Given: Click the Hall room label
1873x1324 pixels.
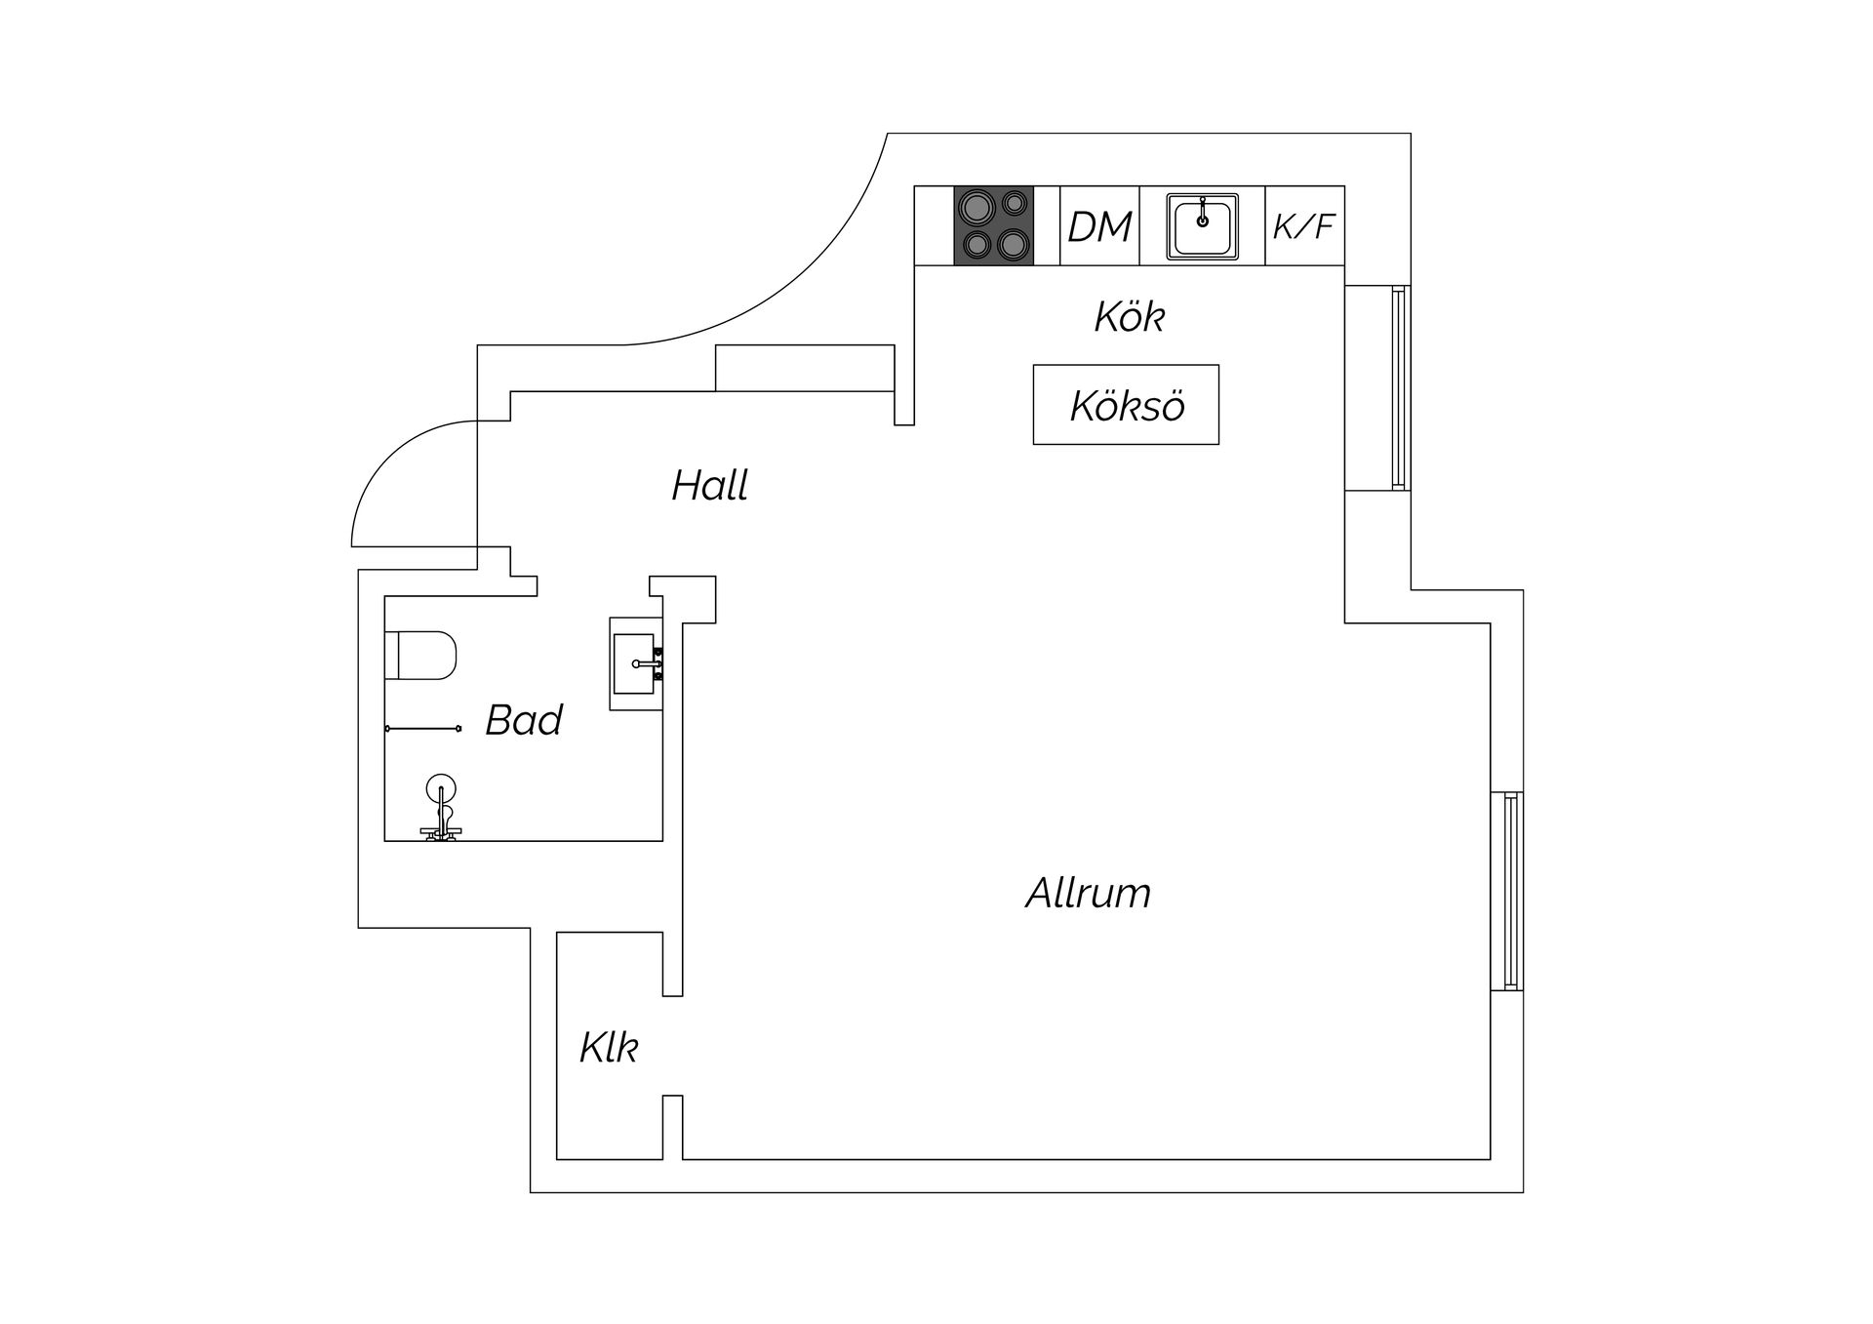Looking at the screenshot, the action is (x=709, y=485).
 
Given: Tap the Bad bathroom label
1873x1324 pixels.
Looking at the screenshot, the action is (x=524, y=720).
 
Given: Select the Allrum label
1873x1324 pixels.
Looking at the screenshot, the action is (x=1088, y=893).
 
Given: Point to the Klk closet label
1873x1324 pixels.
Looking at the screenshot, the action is (x=609, y=1047).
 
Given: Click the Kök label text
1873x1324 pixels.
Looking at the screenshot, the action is (x=1130, y=316).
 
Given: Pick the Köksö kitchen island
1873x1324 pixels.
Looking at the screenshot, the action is (x=1126, y=405).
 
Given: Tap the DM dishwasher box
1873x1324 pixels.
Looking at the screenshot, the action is (x=1099, y=225).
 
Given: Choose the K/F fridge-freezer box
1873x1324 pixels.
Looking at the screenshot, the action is (x=1304, y=225).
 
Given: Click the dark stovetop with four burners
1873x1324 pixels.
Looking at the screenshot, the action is (x=993, y=225).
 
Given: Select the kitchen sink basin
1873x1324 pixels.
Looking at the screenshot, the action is (x=1203, y=226).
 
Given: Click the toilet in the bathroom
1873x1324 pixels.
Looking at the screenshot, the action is (x=420, y=655).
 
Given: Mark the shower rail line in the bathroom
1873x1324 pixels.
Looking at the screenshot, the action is (x=423, y=728).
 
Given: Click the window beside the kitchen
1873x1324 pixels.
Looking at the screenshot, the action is (x=1400, y=387).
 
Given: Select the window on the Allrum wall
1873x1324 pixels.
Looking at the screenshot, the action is (x=1512, y=891).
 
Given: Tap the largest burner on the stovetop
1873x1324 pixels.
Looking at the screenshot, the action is (x=976, y=207).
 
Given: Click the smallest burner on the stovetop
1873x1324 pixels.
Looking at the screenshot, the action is (x=1016, y=203).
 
